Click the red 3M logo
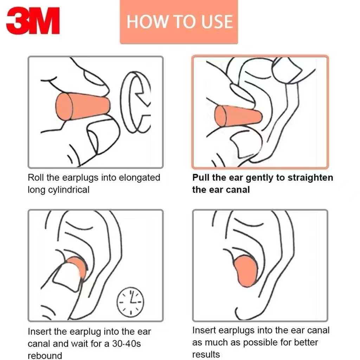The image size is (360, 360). [x=33, y=21]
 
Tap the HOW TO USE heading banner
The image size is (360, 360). [x=179, y=21]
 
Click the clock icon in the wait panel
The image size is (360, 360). [x=130, y=302]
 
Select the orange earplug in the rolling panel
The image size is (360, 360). [x=83, y=107]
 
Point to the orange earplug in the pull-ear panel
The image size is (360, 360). [x=238, y=116]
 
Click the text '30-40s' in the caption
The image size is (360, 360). [x=127, y=344]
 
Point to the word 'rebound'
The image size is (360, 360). [x=45, y=356]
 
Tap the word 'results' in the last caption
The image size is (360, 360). [x=206, y=354]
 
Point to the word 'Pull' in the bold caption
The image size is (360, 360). [x=201, y=178]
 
